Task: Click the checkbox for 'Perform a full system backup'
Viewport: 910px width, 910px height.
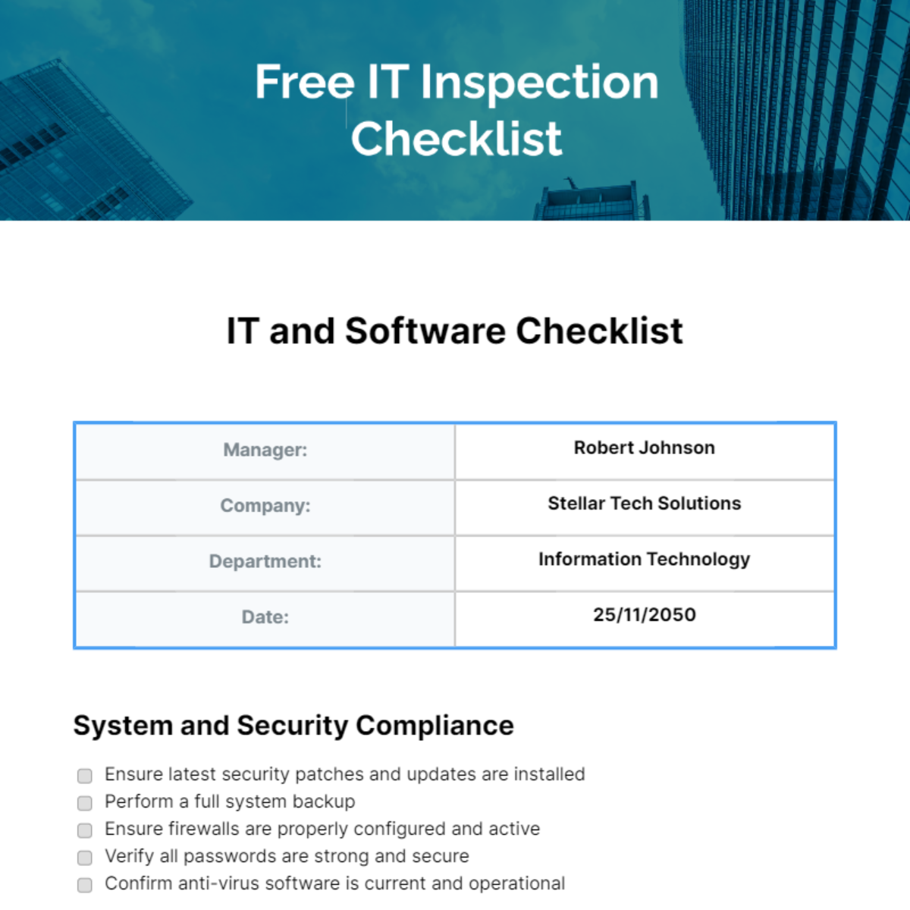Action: pos(85,802)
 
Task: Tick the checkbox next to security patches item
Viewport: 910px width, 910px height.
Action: pos(85,775)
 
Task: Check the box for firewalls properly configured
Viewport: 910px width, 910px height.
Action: pos(85,830)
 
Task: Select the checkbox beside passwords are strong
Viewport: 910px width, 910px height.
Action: pos(85,857)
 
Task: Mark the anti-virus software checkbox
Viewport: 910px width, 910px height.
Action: pos(85,884)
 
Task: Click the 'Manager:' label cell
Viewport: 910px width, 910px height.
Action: pos(265,450)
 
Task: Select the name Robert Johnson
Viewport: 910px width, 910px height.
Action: pos(644,448)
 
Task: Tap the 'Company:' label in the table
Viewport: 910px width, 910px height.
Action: pos(265,506)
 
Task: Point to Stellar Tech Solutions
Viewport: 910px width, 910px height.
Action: pos(644,504)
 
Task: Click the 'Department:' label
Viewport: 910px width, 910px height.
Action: pos(265,561)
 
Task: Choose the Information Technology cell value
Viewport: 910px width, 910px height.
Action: pos(644,560)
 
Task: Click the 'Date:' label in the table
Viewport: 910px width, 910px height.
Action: pos(265,617)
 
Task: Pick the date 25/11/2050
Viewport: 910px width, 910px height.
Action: pos(644,615)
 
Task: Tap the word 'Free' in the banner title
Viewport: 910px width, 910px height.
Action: pos(304,82)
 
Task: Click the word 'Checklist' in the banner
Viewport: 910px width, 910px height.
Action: pos(456,139)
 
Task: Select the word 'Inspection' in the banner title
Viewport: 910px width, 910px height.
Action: pos(539,83)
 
